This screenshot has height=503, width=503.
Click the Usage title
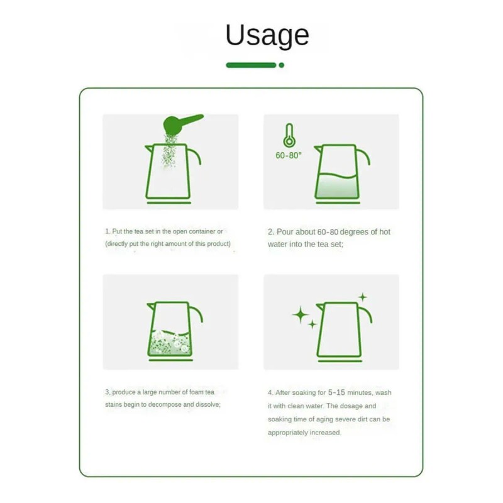[x=267, y=35]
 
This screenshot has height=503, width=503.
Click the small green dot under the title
[x=281, y=65]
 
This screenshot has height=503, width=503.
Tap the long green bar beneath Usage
[x=251, y=65]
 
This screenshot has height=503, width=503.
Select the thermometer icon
[x=289, y=135]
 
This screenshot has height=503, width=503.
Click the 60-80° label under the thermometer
[x=289, y=155]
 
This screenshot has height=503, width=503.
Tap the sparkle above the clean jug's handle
[x=362, y=297]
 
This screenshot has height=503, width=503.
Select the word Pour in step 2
[x=286, y=232]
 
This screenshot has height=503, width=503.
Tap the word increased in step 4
[x=325, y=433]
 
